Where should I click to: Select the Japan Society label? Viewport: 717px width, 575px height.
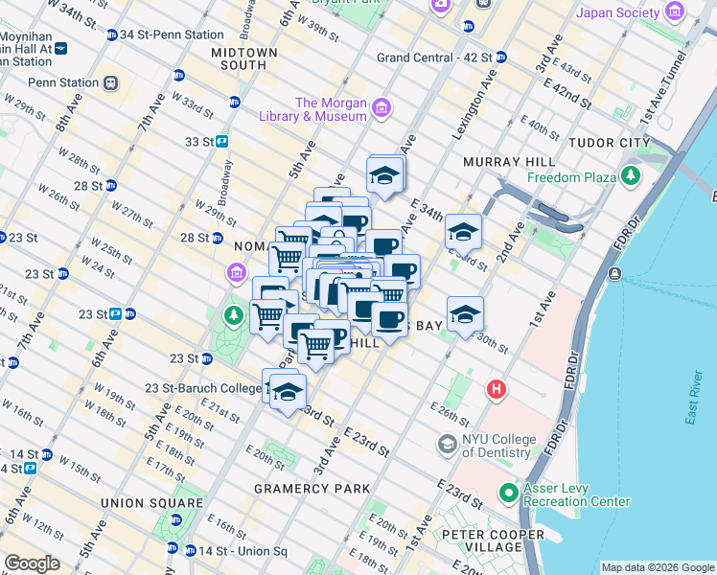(631, 12)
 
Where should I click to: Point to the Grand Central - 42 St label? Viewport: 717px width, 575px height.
(432, 57)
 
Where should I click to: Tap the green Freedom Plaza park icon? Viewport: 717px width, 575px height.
(631, 176)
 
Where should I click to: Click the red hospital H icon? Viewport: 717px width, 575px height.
(496, 389)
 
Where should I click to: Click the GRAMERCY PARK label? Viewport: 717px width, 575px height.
(312, 489)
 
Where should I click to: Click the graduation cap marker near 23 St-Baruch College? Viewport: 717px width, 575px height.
(288, 393)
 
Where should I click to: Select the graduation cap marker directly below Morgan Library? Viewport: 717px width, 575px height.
(385, 175)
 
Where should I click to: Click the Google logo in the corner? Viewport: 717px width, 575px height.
(32, 563)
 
